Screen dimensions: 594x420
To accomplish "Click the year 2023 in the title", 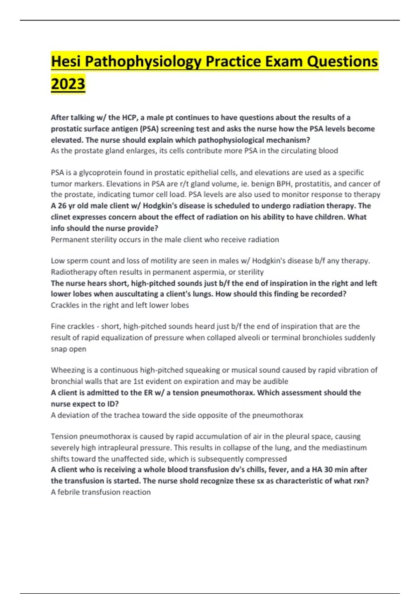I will pyautogui.click(x=68, y=84).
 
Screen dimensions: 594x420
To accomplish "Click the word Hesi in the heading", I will pyautogui.click(x=65, y=61).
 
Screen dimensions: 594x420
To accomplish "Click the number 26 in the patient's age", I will pyautogui.click(x=62, y=205).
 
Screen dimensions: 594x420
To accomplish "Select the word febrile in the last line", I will pyautogui.click(x=68, y=492).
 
